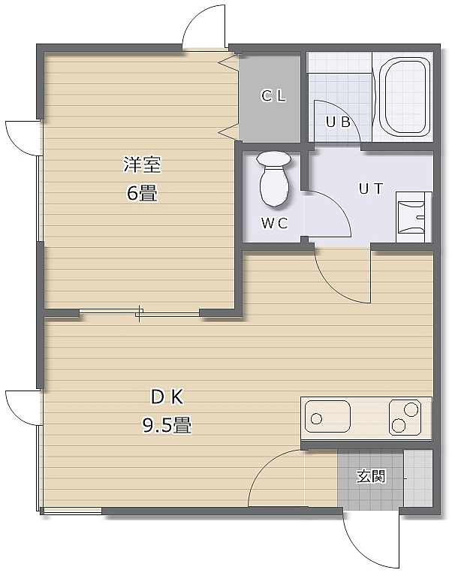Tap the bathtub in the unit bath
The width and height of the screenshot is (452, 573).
pyautogui.click(x=404, y=97)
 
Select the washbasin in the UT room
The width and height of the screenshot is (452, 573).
pyautogui.click(x=414, y=217)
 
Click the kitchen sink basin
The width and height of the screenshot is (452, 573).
pyautogui.click(x=327, y=417)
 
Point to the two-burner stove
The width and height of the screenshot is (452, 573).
pyautogui.click(x=405, y=417)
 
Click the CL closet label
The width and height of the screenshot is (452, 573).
pyautogui.click(x=273, y=96)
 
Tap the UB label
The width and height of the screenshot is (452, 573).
pyautogui.click(x=338, y=122)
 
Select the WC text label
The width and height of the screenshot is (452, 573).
pyautogui.click(x=274, y=223)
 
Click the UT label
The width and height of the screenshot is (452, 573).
pyautogui.click(x=370, y=189)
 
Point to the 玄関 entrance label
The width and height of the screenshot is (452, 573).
pyautogui.click(x=370, y=476)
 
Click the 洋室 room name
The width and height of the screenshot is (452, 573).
pyautogui.click(x=142, y=164)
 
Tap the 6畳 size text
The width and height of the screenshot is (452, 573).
pyautogui.click(x=142, y=193)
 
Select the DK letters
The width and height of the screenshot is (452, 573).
pyautogui.click(x=167, y=397)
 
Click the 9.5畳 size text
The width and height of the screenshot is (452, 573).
pyautogui.click(x=167, y=425)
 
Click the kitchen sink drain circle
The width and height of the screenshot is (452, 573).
pyautogui.click(x=316, y=418)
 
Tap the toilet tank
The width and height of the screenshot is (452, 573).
pyautogui.click(x=274, y=158)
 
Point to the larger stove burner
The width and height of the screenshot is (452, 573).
pyautogui.click(x=411, y=409)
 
